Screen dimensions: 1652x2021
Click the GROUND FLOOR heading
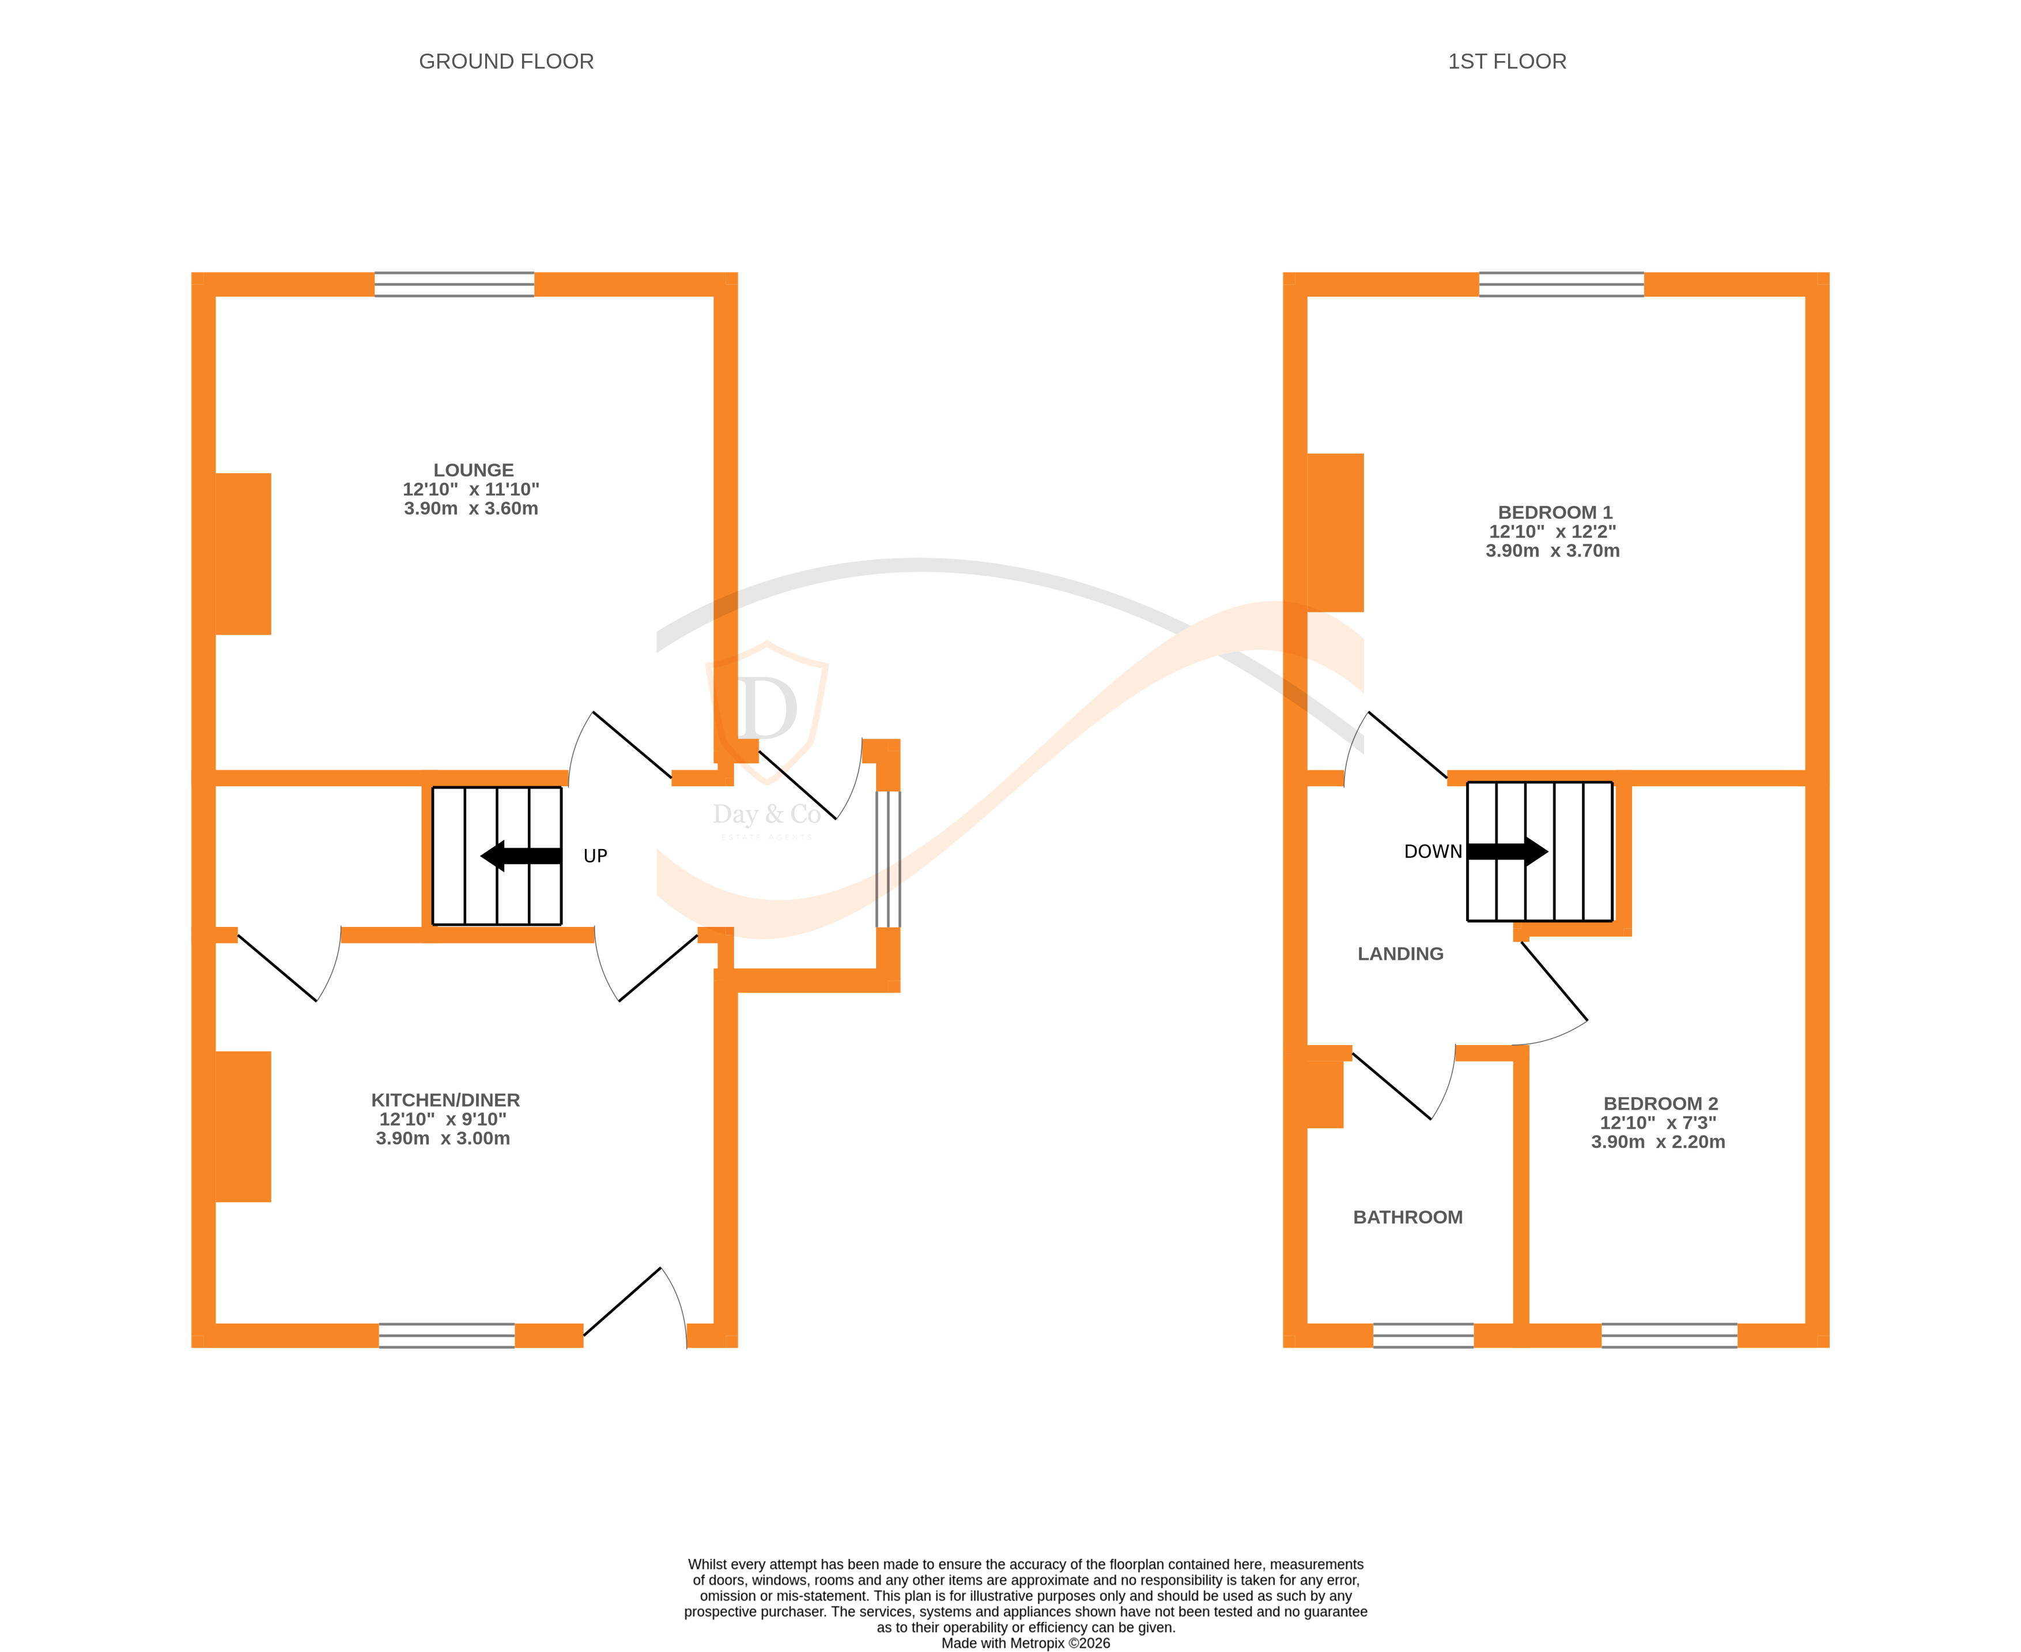coord(506,62)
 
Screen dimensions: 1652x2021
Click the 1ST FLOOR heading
coord(1506,62)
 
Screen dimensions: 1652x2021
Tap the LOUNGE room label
coord(473,470)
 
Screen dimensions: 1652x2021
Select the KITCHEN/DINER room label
coord(445,1100)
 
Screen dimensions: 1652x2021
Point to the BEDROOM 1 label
coord(1555,512)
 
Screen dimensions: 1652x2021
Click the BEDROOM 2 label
coord(1660,1104)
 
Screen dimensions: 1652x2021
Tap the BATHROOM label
coord(1407,1217)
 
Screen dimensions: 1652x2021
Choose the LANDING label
coord(1400,953)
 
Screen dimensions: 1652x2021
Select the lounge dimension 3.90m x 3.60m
coord(471,509)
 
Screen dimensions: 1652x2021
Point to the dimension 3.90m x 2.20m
coord(1657,1142)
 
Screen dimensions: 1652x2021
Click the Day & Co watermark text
coord(766,814)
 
